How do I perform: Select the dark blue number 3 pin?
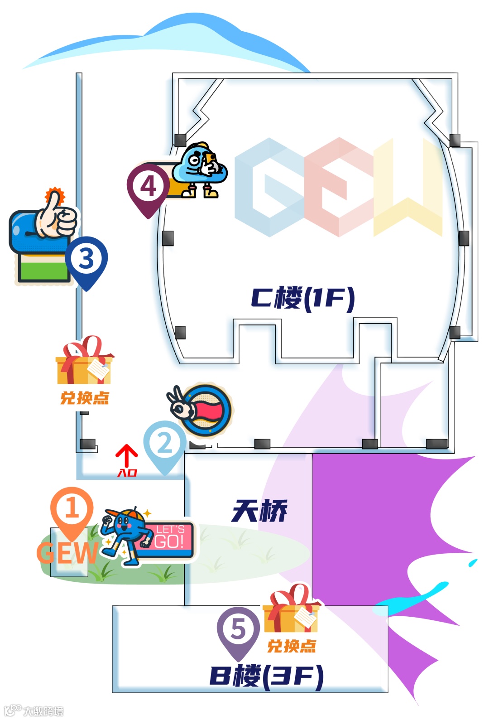point(86,260)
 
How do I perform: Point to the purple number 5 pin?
point(238,629)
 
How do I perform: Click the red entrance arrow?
point(127,455)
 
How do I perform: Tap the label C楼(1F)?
point(302,299)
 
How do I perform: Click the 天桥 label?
point(259,511)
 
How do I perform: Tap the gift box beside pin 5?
point(292,609)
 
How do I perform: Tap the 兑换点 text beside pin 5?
point(292,646)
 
